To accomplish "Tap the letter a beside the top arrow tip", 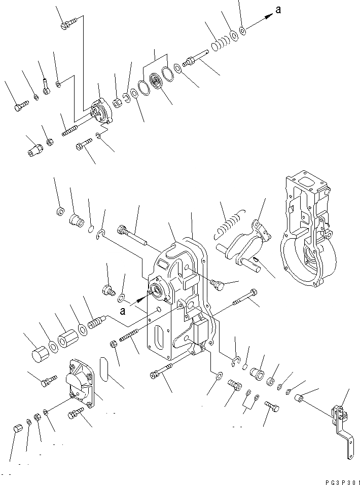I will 277,10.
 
